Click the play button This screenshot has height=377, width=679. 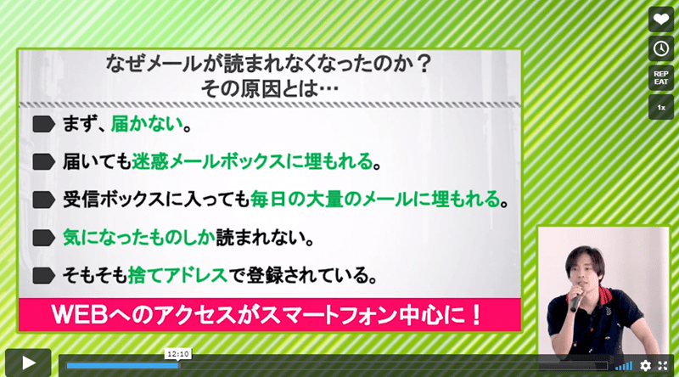28,363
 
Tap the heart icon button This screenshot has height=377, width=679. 661,20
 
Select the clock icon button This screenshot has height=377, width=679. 661,48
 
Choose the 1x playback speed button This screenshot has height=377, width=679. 661,107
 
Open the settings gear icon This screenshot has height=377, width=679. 645,366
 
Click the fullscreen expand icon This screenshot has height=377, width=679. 663,366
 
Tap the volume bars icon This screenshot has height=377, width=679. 624,366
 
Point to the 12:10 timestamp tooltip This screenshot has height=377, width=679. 178,354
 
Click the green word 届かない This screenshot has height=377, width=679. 147,124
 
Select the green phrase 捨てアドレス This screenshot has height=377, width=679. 177,275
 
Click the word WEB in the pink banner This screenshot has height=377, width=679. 79,315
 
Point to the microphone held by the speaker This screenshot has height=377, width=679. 576,297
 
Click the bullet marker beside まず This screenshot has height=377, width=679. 44,124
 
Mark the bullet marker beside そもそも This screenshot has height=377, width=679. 44,276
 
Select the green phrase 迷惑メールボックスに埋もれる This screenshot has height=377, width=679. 252,161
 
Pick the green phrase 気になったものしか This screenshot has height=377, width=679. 139,238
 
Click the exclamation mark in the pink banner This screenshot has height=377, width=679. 476,315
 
